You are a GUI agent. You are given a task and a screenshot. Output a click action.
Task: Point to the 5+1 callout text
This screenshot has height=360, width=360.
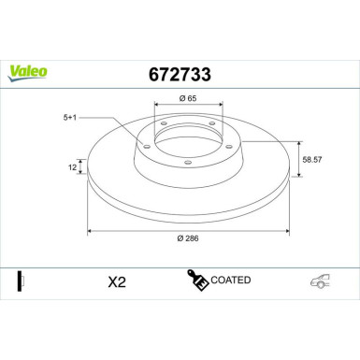pos(71,118)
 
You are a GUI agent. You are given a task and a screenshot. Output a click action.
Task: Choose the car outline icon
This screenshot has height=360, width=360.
pos(321,281)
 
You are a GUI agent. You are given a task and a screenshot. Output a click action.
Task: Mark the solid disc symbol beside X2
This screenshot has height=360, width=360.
pos(19,281)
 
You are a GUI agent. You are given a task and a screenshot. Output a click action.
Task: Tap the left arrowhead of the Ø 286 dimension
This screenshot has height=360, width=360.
pos(90,229)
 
